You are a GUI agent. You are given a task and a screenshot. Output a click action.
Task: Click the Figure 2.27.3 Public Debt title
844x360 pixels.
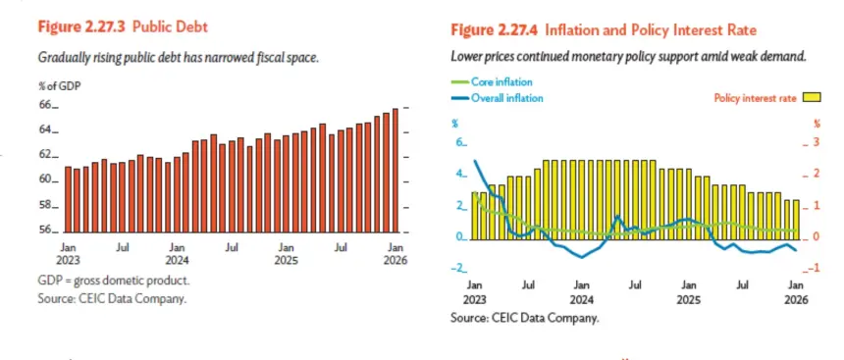(x=123, y=27)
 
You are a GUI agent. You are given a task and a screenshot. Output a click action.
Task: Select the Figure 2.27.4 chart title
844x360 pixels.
(x=604, y=30)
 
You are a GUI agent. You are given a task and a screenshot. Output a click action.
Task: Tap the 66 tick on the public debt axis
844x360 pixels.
(x=48, y=106)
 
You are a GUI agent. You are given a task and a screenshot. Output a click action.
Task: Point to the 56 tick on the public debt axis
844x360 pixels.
(x=48, y=231)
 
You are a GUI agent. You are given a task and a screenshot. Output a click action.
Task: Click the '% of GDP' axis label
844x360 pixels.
(x=59, y=85)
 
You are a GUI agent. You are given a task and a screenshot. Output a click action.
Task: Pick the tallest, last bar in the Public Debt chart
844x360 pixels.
(x=396, y=170)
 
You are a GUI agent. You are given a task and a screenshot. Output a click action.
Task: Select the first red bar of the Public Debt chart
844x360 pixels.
(x=68, y=199)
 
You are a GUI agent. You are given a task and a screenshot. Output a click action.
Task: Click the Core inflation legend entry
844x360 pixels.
(x=492, y=82)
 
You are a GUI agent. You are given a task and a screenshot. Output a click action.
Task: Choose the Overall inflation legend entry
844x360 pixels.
(x=497, y=98)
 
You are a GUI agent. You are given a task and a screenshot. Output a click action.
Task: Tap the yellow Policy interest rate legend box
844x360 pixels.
(x=812, y=98)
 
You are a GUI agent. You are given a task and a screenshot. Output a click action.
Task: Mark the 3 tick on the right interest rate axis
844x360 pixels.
(x=812, y=142)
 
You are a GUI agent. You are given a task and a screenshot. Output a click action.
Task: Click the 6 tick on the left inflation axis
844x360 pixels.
(x=460, y=143)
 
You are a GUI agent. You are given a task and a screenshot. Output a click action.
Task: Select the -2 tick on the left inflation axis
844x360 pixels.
(x=459, y=269)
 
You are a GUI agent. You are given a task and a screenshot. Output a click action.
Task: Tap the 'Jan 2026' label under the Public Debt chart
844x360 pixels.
(x=396, y=254)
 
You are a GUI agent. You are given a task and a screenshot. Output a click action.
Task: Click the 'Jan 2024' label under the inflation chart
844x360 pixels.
(x=581, y=292)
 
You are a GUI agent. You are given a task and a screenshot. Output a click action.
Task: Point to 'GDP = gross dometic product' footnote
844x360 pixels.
(x=114, y=282)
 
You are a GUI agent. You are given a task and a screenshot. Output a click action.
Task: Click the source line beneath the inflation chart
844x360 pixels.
(x=524, y=318)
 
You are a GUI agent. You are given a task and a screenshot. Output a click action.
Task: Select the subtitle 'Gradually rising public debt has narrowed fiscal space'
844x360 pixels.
(x=179, y=57)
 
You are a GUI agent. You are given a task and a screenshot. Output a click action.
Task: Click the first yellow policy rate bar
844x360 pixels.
(x=475, y=216)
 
